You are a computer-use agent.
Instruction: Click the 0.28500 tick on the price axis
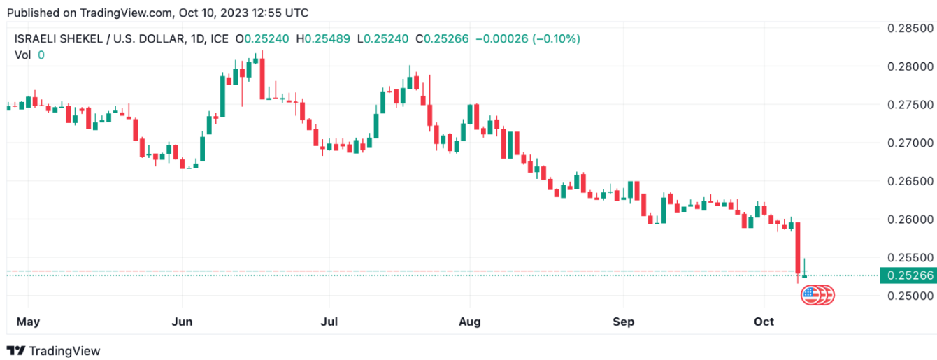coord(910,29)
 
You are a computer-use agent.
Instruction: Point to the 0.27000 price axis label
coord(910,143)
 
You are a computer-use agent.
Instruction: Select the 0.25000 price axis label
coord(910,296)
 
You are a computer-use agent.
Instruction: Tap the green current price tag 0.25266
coord(909,275)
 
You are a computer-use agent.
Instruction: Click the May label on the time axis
coord(28,322)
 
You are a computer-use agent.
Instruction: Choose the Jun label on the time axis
coord(183,322)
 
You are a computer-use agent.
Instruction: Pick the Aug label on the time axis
coord(470,322)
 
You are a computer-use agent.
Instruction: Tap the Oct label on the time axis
coord(764,322)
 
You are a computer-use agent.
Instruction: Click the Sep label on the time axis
coord(623,322)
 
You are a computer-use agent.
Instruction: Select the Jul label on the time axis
coord(329,322)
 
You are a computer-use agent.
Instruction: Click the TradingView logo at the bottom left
coord(54,351)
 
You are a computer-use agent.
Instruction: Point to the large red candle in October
coord(798,247)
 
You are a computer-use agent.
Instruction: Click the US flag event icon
coord(810,295)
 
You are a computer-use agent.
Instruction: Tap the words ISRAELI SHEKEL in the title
coord(57,39)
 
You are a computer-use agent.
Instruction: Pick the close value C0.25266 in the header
coord(443,39)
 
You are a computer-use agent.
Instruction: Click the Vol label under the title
coord(22,55)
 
